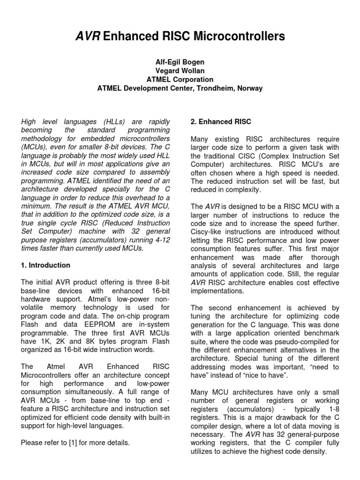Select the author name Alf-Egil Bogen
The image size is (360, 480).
pyautogui.click(x=180, y=62)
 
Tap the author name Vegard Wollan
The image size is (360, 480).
pyautogui.click(x=180, y=71)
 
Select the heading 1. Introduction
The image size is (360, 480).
pyautogui.click(x=45, y=265)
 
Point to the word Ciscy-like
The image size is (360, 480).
pyautogui.click(x=207, y=231)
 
